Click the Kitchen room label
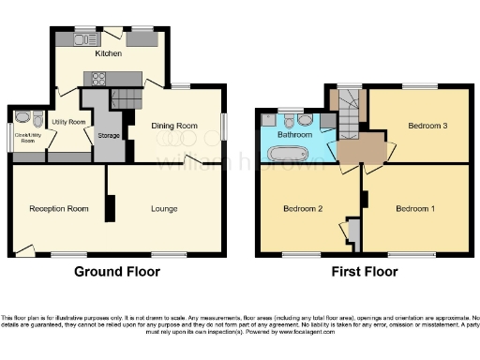pos(109,53)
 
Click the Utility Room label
pos(68,122)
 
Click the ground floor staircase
pos(125,97)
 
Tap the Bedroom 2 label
pos(303,208)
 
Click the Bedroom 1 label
pos(413,208)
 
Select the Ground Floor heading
pos(118,272)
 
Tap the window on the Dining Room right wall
pos(223,126)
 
